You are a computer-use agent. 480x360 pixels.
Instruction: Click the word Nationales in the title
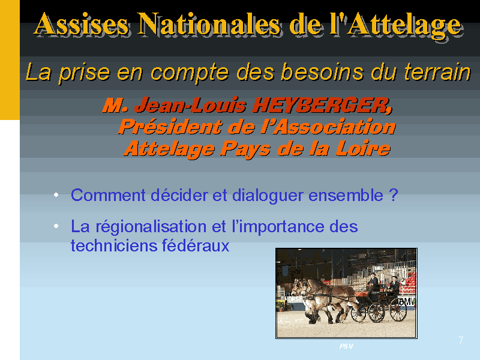pos(208,24)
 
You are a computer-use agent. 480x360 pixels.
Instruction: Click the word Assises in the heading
pos(82,24)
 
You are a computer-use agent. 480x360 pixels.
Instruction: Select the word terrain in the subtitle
pos(437,72)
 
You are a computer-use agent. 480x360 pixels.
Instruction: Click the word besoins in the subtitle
pos(322,71)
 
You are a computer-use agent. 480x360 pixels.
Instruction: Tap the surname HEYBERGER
pos(322,106)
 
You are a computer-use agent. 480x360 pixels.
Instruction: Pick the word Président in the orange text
pos(170,127)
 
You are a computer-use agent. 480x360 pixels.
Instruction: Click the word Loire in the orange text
pos(363,149)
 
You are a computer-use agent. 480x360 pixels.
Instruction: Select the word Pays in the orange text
pos(245,149)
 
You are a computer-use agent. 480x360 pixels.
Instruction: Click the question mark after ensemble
pos(394,194)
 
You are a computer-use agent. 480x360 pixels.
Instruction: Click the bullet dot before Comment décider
pos(56,194)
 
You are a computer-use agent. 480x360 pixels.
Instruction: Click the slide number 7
pos(461,340)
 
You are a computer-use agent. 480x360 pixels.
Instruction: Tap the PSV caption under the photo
pos(346,346)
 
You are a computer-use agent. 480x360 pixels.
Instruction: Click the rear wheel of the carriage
pos(398,310)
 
